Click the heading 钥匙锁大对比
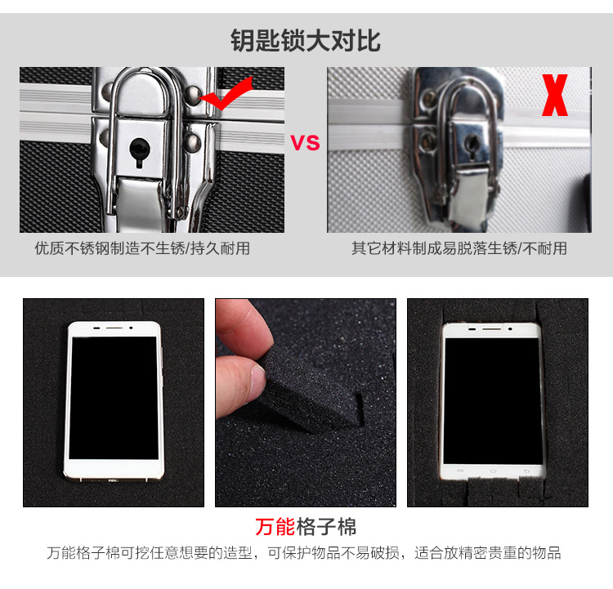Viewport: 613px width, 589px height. point(306,40)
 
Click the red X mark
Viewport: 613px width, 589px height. point(554,95)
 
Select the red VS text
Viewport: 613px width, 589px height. point(306,143)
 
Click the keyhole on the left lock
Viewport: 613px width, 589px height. point(139,151)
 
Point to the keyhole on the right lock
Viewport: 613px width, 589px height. point(472,146)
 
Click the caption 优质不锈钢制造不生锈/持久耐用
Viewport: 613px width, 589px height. point(142,248)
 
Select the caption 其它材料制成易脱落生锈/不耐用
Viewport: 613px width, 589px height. point(459,248)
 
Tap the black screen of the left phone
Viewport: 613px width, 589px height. point(114,398)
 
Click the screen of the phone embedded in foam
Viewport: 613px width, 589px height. point(493,401)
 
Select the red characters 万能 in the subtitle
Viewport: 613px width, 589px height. point(275,526)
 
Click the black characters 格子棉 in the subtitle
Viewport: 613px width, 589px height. point(326,526)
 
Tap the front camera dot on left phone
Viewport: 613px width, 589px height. point(131,328)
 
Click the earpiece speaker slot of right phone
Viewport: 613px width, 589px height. point(491,329)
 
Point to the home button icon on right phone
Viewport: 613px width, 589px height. point(494,471)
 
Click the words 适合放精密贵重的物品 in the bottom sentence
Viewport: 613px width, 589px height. point(487,553)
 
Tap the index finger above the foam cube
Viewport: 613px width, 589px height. point(244,323)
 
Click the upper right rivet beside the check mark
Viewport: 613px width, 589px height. point(193,94)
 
